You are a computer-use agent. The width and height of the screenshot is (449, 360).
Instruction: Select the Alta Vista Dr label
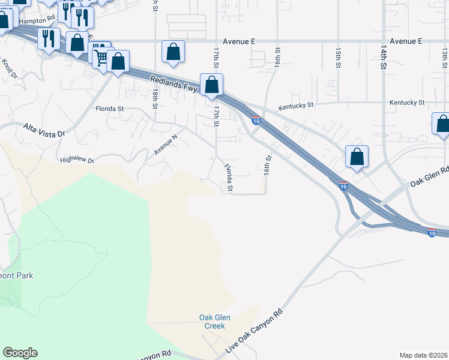pyautogui.click(x=43, y=130)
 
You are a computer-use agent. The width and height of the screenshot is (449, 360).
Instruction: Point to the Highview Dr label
pyautogui.click(x=77, y=161)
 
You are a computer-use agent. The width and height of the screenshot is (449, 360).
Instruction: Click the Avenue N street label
pyautogui.click(x=166, y=145)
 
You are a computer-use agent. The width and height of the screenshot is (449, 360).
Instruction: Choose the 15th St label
pyautogui.click(x=339, y=58)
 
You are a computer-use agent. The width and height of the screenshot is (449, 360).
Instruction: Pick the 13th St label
pyautogui.click(x=445, y=58)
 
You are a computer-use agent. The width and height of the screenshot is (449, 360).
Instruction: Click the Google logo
pyautogui.click(x=20, y=353)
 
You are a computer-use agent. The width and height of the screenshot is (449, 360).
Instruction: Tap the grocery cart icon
pyautogui.click(x=100, y=58)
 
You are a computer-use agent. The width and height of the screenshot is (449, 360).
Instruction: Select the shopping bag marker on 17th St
pyautogui.click(x=211, y=85)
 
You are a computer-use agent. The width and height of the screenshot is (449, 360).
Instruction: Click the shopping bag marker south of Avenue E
pyautogui.click(x=173, y=52)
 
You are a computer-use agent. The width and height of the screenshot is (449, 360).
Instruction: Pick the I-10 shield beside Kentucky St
pyautogui.click(x=256, y=120)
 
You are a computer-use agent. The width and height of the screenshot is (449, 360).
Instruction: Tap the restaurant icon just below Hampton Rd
pyautogui.click(x=48, y=39)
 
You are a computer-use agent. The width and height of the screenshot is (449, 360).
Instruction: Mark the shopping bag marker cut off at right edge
pyautogui.click(x=442, y=124)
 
